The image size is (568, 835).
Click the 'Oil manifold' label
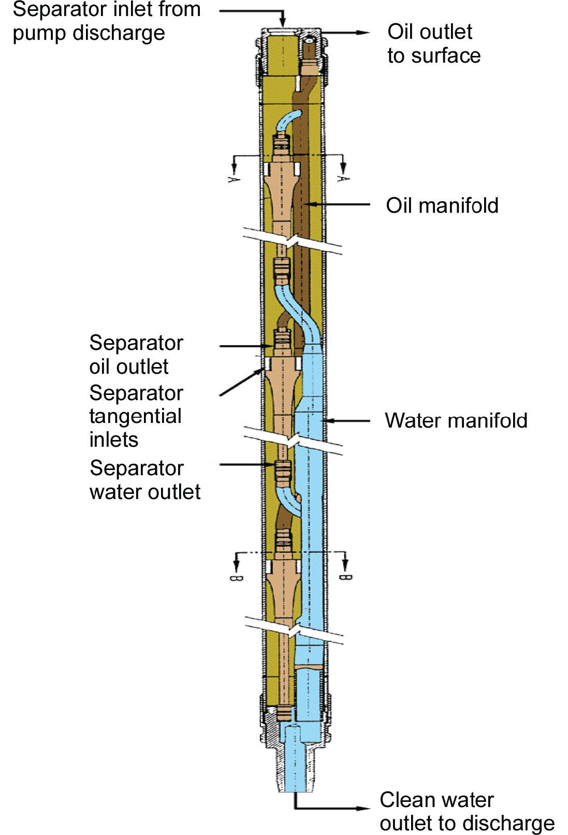point(442,206)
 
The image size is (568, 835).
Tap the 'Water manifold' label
point(456,420)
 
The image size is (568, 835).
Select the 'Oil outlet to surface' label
point(433,43)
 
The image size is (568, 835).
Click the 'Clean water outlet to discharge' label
point(466,811)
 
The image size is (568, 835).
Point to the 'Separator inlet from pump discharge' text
point(106,21)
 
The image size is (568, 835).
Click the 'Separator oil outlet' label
point(136,355)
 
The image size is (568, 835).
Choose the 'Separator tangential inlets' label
point(136,416)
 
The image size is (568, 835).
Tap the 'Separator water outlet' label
point(144,480)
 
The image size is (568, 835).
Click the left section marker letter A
point(234,179)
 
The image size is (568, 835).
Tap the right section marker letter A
point(342,179)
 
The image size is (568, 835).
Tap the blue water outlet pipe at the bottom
point(295,761)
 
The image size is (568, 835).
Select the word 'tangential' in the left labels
point(135,416)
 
